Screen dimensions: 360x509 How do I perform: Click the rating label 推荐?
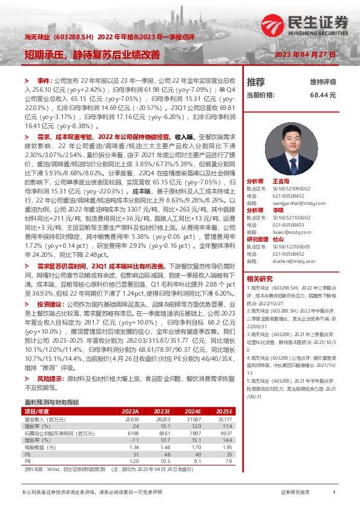pos(255,82)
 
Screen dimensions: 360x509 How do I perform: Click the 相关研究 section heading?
pos(260,279)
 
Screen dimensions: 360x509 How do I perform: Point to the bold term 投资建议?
pos(51,322)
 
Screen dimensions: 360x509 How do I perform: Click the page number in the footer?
pos(334,493)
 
